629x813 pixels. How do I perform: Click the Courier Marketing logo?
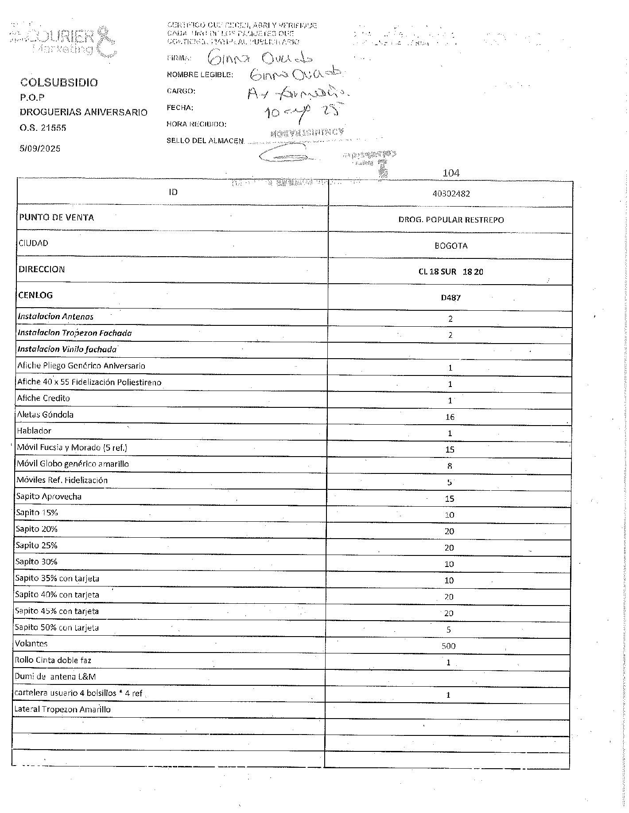(x=64, y=42)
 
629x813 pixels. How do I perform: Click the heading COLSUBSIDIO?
(x=59, y=82)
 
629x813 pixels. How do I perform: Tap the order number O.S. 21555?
(x=43, y=128)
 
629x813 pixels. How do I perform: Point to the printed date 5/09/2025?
(x=40, y=149)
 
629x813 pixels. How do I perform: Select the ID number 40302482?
(x=451, y=194)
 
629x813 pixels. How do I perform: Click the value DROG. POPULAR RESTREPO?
(x=451, y=220)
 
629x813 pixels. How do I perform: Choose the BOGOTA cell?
(x=451, y=246)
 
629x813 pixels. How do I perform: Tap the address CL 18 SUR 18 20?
(x=450, y=272)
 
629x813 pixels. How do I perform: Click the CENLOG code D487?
(x=450, y=298)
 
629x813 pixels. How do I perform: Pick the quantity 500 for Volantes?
(x=448, y=646)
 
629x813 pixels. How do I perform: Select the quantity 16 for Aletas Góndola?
(x=450, y=417)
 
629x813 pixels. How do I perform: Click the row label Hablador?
(x=34, y=431)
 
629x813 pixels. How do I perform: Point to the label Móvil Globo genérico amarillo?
(x=73, y=464)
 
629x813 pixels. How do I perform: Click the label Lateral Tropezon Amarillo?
(x=62, y=709)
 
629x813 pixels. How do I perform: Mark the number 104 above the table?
(x=451, y=173)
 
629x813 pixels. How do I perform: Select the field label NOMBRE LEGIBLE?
(x=200, y=74)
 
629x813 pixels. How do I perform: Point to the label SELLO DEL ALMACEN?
(x=205, y=141)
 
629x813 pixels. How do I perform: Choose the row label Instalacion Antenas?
(x=56, y=317)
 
